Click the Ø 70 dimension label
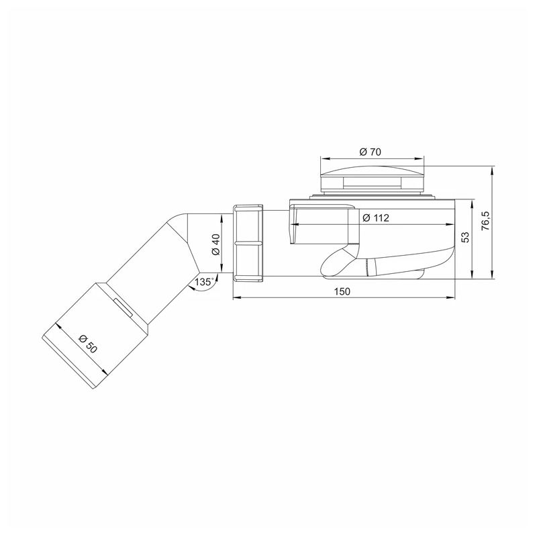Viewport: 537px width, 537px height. click(371, 152)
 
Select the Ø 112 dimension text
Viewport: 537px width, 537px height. click(376, 217)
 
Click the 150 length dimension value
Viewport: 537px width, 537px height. click(342, 291)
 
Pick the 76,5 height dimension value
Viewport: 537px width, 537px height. click(486, 220)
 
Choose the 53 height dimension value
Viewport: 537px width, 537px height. click(465, 238)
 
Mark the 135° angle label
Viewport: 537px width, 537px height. click(205, 282)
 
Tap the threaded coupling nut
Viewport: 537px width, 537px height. click(248, 243)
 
